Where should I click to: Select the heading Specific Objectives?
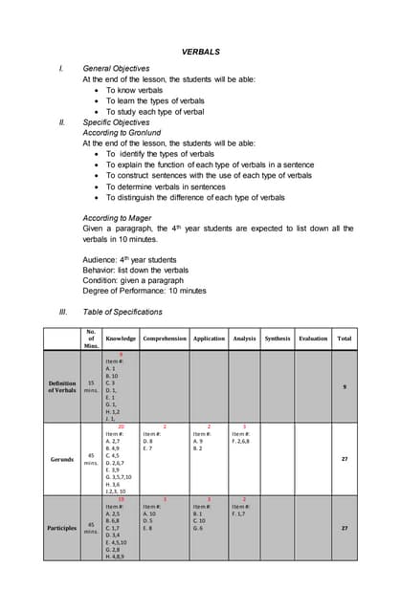[x=119, y=122]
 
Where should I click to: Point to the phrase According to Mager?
[x=119, y=218]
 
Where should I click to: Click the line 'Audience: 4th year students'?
[x=129, y=259]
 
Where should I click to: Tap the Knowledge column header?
[x=121, y=338]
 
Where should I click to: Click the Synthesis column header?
[x=278, y=338]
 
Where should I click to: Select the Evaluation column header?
[x=313, y=338]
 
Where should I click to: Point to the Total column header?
[x=345, y=338]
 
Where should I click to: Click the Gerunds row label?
[x=62, y=458]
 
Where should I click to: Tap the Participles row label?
[x=62, y=527]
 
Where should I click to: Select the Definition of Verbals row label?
[x=62, y=386]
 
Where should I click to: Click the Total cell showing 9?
[x=345, y=386]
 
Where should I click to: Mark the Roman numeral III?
[x=63, y=312]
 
